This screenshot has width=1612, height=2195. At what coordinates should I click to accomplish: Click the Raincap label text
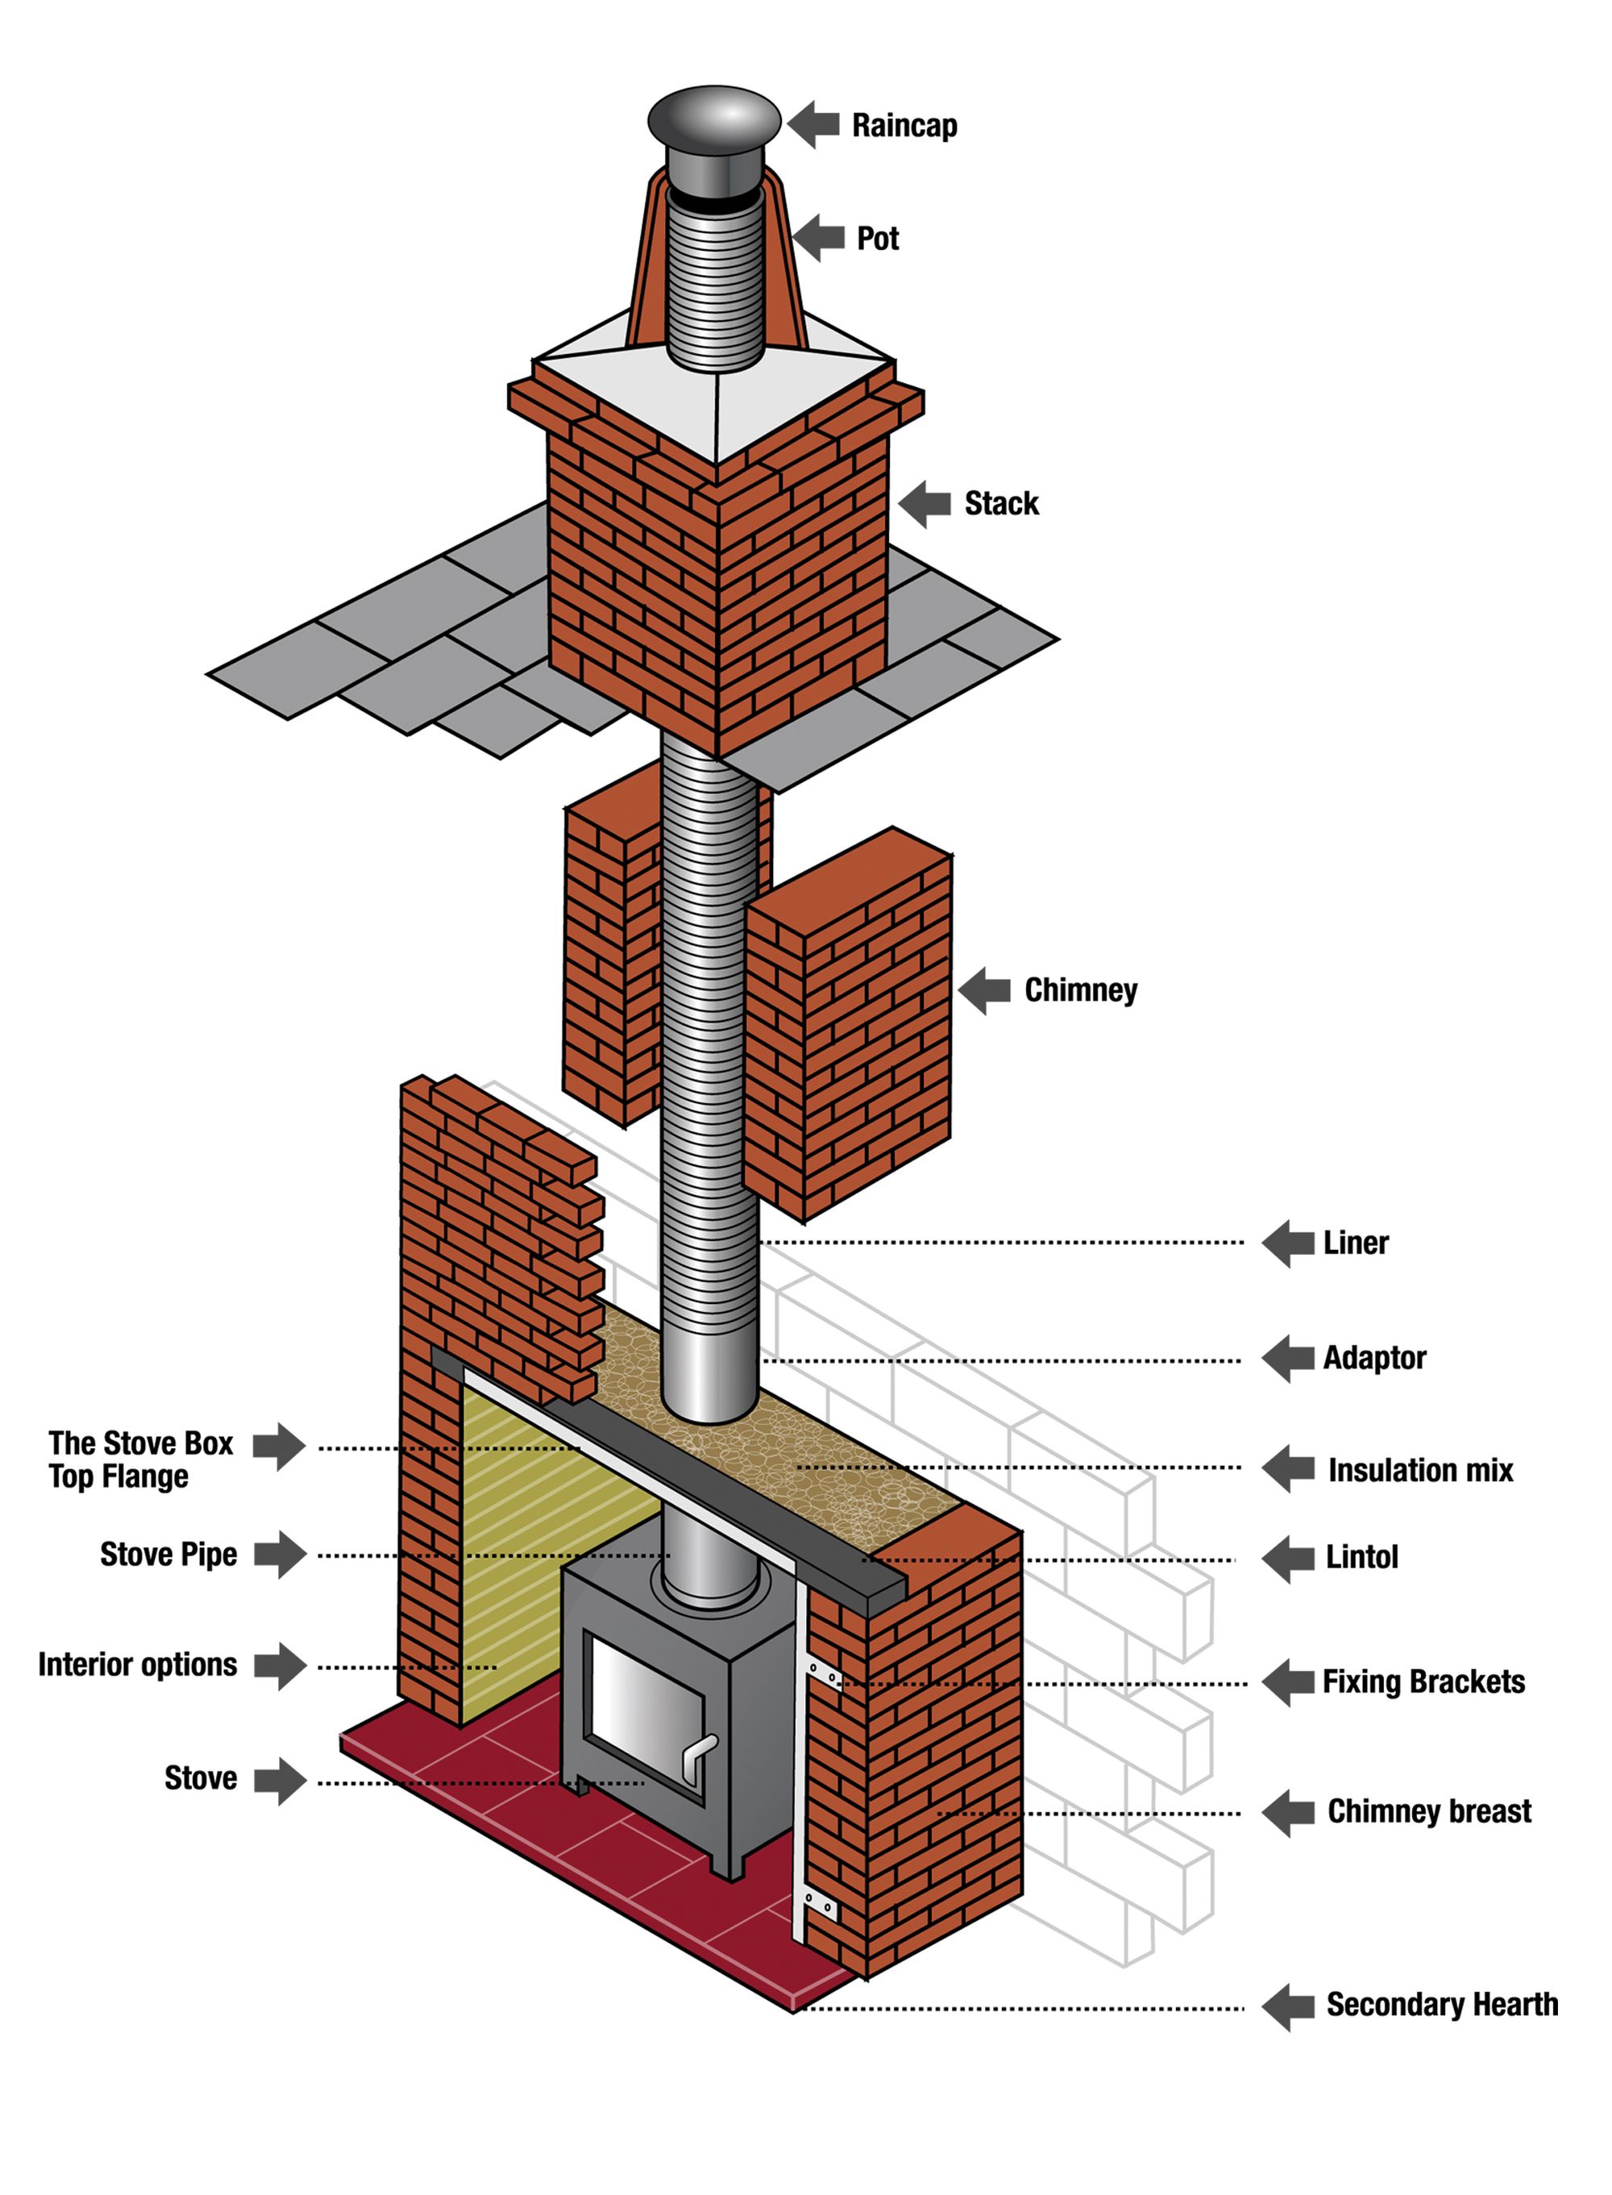click(x=904, y=126)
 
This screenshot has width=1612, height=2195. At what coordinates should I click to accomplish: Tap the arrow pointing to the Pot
click(x=818, y=237)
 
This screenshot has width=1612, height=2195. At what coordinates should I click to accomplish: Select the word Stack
click(x=1001, y=504)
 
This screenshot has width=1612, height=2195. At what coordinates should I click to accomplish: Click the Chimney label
click(x=1080, y=989)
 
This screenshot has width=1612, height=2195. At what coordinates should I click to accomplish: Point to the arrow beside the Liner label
click(x=1288, y=1243)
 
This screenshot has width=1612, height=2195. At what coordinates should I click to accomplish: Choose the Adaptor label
click(x=1374, y=1358)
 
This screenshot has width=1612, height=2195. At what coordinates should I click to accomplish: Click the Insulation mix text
click(x=1420, y=1470)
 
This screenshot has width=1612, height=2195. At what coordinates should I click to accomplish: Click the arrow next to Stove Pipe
click(x=280, y=1555)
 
